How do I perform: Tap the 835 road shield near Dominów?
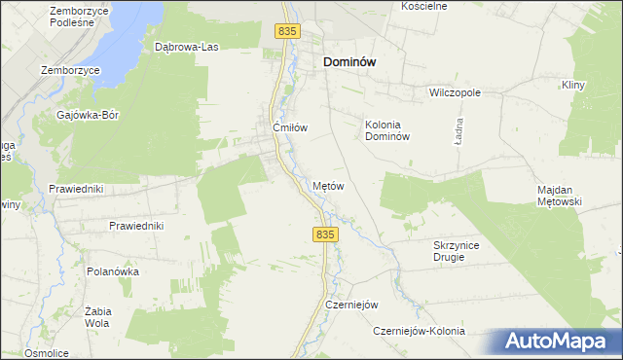[286, 32]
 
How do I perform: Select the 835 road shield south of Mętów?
[326, 234]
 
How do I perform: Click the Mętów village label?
[329, 185]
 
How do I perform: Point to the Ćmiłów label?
[290, 127]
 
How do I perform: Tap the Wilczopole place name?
[456, 93]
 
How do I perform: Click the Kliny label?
[572, 86]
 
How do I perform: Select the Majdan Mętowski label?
[559, 196]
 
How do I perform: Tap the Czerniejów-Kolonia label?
[420, 331]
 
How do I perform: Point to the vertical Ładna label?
[457, 132]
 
